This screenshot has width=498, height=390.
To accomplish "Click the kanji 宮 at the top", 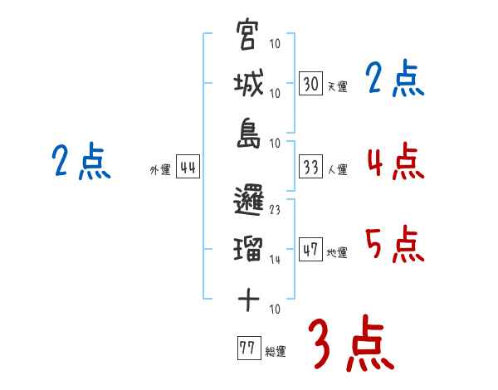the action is coord(248,37).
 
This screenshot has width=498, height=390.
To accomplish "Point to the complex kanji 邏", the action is coord(248,199).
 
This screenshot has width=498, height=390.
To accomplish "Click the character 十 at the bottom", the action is coord(248,298).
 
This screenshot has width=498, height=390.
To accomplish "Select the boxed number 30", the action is coord(311,83).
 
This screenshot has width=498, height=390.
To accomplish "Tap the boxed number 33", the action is coord(311,167).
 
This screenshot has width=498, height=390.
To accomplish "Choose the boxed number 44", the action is coord(187,167).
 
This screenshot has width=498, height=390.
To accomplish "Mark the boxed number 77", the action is coord(247,349).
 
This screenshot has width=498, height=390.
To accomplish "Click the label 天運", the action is coord(337,85).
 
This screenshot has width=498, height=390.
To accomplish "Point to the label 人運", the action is coord(337,169).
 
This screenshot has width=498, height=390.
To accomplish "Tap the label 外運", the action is coord(160,169).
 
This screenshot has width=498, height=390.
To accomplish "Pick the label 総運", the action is coord(276,351).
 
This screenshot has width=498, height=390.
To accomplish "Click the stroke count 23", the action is coord(276,209).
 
